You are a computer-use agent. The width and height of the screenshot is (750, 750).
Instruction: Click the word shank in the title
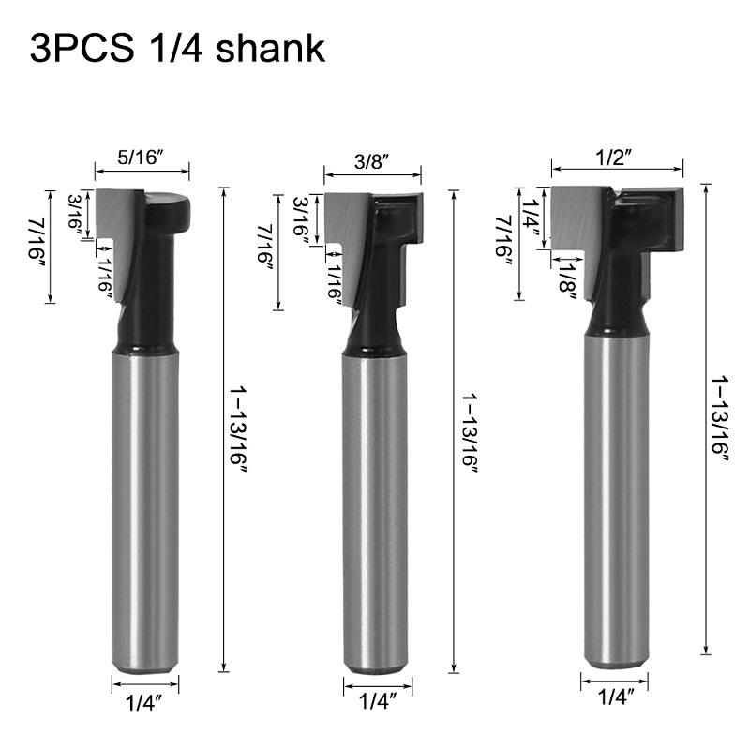[270, 48]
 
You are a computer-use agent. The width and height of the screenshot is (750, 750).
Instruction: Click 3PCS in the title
[82, 49]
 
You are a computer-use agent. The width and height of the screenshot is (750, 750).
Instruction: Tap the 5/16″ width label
[141, 157]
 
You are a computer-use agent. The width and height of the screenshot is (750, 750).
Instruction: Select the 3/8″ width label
[371, 161]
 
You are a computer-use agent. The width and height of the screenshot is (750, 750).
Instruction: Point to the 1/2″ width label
[614, 157]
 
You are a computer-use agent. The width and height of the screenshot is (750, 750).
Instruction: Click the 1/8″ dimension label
[568, 282]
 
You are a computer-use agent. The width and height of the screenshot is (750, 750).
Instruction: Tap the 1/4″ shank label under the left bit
[144, 703]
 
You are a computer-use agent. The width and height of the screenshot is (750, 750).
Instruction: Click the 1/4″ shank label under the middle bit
[378, 701]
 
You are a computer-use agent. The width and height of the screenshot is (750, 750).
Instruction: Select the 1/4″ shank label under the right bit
[616, 697]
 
